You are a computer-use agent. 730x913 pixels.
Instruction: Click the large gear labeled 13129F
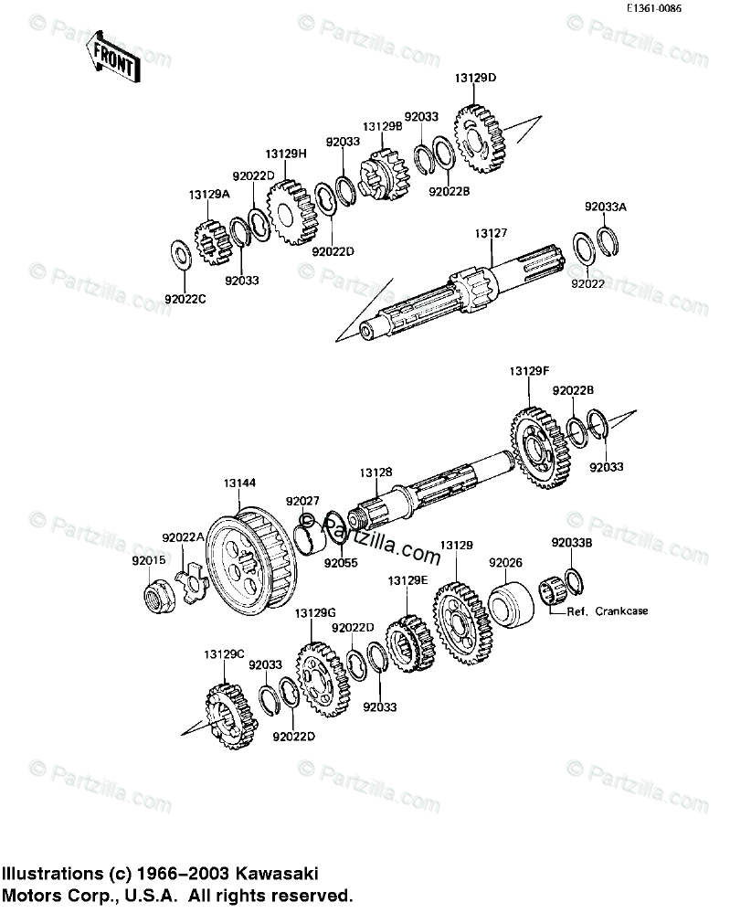tap(540, 447)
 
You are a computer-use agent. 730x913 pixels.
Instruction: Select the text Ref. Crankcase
tap(608, 610)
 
